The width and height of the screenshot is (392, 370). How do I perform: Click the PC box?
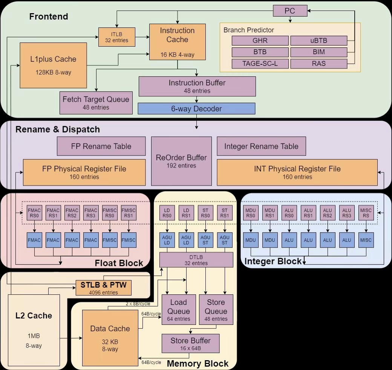290,11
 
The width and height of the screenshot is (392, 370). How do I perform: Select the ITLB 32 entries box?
117,37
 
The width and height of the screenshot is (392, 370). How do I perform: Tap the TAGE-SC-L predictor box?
260,64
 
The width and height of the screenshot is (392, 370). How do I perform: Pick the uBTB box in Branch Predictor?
319,40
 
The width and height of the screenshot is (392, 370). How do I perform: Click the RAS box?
319,64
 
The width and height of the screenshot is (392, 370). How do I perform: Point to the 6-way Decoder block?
196,109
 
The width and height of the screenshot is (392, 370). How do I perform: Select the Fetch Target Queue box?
96,103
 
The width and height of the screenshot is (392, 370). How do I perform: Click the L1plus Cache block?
53,65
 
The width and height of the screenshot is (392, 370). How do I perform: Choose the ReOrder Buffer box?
181,161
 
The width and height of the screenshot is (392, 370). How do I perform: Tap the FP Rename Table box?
101,146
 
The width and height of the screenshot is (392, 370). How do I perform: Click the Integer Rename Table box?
261,146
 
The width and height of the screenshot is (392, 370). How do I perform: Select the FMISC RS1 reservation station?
129,213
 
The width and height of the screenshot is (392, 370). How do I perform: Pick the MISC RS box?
366,213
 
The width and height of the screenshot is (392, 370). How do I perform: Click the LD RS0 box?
167,213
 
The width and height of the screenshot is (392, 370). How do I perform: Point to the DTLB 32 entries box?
196,260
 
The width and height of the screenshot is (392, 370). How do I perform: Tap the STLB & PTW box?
104,288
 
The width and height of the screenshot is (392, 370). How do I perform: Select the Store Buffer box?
190,344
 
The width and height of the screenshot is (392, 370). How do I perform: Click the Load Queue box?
179,309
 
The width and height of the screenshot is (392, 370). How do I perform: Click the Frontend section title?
49,17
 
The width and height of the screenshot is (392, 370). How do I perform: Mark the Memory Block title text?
198,364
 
